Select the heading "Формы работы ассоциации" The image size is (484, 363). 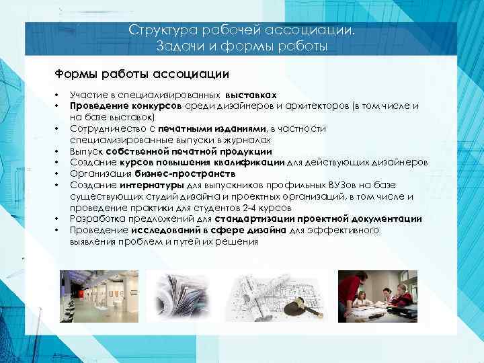pos(142,73)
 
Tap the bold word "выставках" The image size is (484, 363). pos(251,95)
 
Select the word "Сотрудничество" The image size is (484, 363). pos(105,128)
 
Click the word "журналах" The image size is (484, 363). pos(250,138)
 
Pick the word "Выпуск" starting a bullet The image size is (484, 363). pos(85,151)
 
